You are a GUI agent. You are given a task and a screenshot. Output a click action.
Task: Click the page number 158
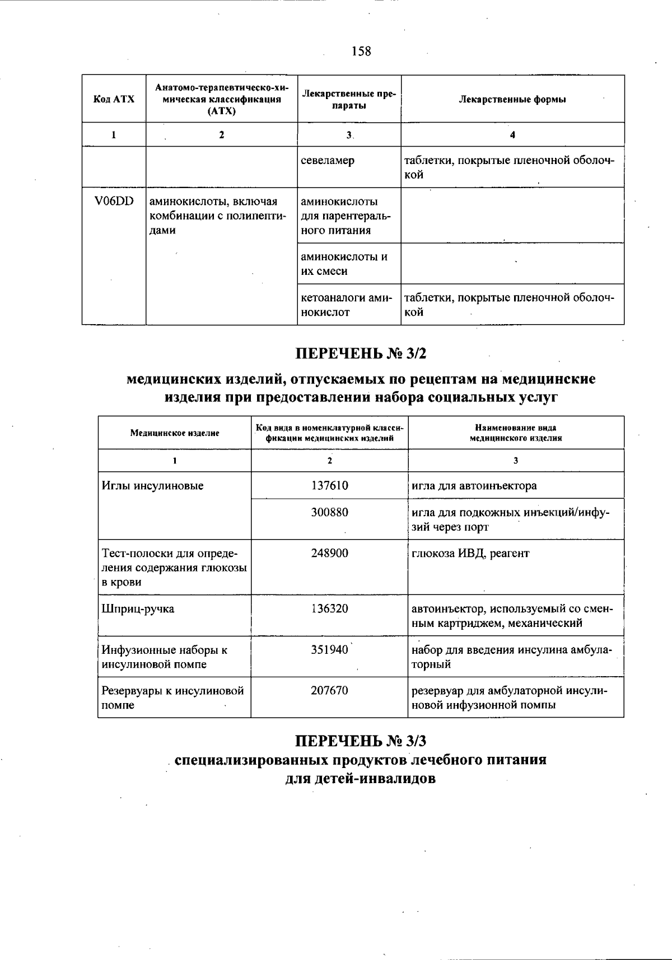click(x=361, y=51)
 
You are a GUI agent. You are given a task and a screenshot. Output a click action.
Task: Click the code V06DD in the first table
click(x=114, y=202)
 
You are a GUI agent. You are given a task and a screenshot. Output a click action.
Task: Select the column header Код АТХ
click(x=114, y=99)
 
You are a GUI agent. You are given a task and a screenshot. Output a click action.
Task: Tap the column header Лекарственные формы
click(x=512, y=99)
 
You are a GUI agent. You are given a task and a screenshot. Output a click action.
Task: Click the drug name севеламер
click(x=328, y=161)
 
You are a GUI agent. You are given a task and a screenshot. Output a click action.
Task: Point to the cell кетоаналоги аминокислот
click(x=347, y=305)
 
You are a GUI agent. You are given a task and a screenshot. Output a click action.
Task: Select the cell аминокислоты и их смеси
click(x=344, y=264)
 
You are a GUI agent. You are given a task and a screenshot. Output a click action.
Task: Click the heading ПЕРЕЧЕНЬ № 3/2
click(x=361, y=353)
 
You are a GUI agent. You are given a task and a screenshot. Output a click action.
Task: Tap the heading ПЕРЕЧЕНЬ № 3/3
click(x=361, y=741)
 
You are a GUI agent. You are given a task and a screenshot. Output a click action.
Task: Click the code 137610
click(x=329, y=485)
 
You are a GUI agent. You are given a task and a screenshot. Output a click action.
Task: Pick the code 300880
click(x=329, y=512)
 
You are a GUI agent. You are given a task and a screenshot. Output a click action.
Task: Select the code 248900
click(x=329, y=553)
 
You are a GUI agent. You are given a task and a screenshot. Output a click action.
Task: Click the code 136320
click(x=329, y=608)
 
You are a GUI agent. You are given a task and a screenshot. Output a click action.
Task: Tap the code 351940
click(x=329, y=650)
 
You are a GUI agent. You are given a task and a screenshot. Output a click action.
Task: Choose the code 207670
click(x=329, y=691)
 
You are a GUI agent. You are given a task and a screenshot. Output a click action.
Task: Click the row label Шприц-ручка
click(x=138, y=609)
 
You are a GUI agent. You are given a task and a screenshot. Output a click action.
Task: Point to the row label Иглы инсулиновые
click(x=152, y=486)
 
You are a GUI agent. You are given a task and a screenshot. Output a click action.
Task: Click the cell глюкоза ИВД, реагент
click(x=470, y=554)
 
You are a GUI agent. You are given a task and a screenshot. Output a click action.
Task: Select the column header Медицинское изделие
click(x=175, y=433)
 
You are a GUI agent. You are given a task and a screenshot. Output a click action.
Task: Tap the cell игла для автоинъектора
click(x=474, y=486)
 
